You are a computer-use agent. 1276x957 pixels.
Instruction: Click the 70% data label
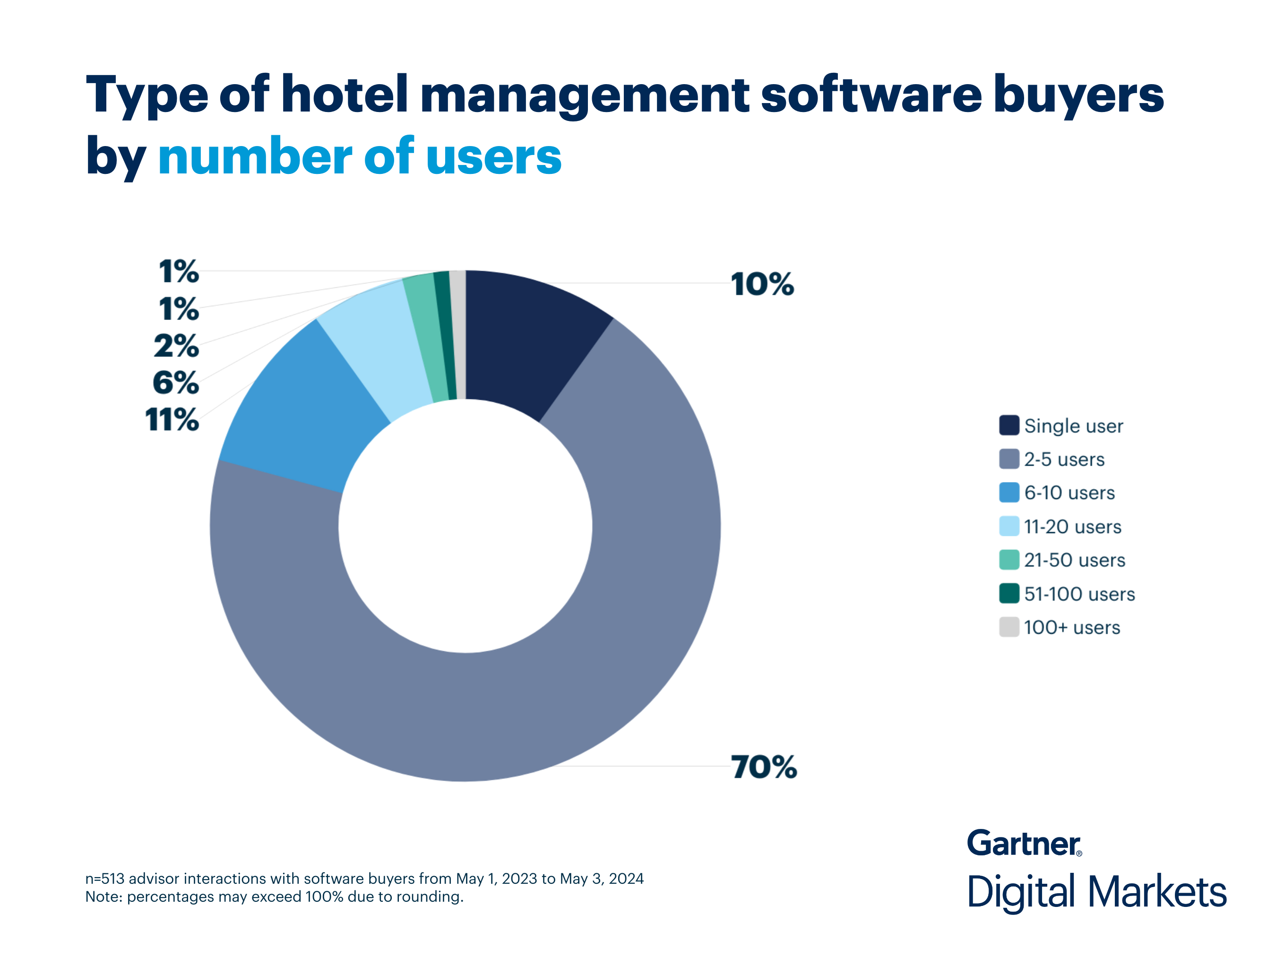[x=764, y=767]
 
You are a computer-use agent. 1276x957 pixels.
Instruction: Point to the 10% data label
[x=762, y=285]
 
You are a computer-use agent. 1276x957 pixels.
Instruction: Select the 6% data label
[x=176, y=382]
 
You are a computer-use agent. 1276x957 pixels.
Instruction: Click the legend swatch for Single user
[x=1009, y=425]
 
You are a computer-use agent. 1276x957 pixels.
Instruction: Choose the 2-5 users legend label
[x=1064, y=459]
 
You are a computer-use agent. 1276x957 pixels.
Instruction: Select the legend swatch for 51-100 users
[x=1009, y=594]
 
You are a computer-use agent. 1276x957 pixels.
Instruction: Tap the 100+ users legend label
[x=1071, y=628]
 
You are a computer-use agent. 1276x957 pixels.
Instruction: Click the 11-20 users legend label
[x=1072, y=526]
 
